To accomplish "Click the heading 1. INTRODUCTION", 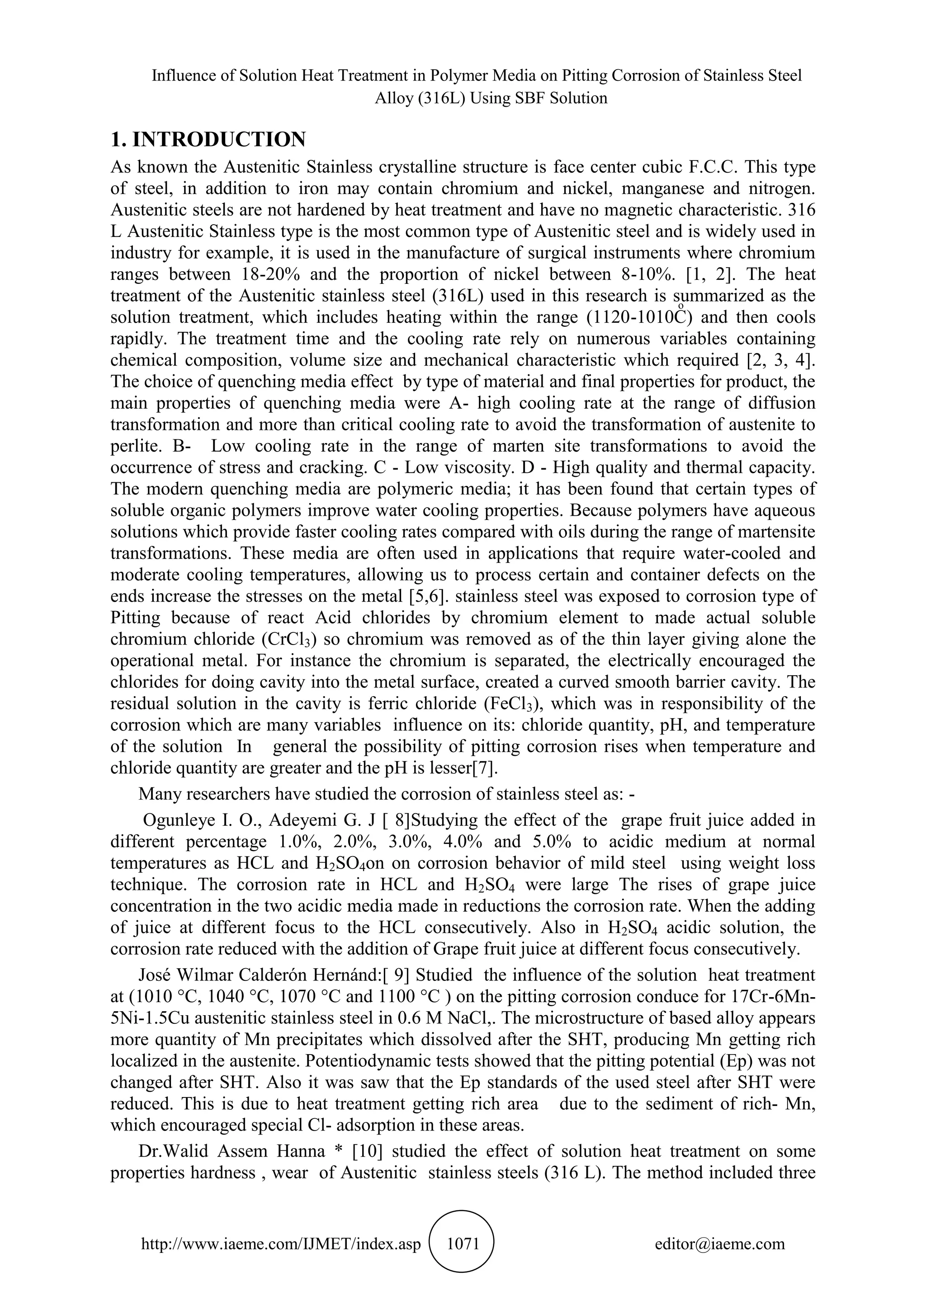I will [x=208, y=139].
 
